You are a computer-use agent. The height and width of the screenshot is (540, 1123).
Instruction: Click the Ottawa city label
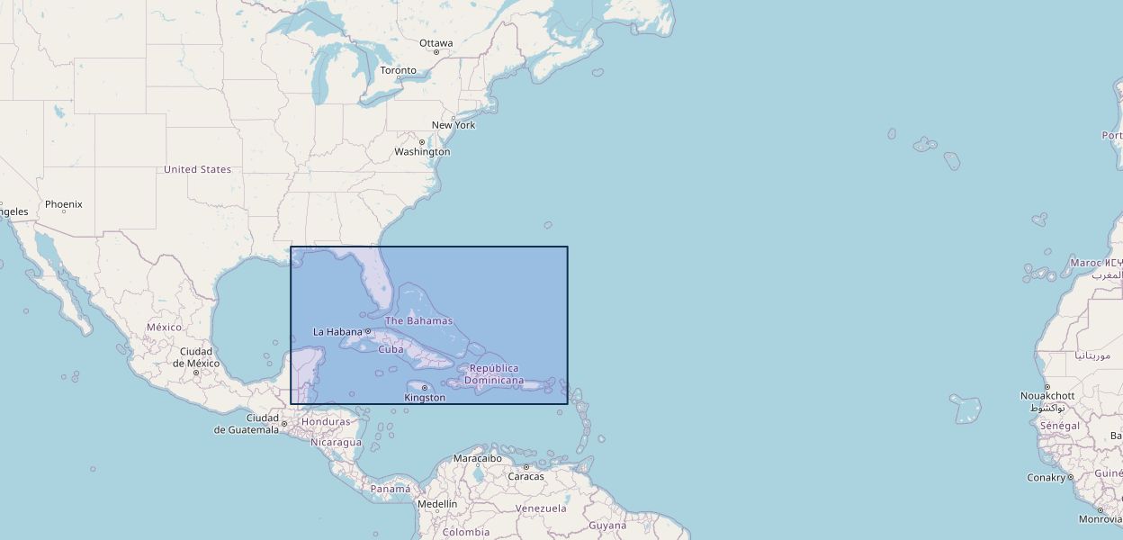436,43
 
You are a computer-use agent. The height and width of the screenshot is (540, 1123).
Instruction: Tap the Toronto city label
398,70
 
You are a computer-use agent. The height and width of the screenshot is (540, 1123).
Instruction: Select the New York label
454,125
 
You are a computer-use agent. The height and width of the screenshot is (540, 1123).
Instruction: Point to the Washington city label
422,152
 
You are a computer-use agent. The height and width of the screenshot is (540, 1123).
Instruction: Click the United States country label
197,169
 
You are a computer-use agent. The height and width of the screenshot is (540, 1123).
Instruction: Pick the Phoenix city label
63,204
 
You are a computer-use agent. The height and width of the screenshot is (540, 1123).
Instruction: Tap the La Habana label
337,332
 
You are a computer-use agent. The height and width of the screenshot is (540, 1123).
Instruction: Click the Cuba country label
391,349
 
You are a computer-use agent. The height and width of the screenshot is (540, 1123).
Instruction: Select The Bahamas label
418,321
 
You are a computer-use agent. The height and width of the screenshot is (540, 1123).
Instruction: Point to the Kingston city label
425,398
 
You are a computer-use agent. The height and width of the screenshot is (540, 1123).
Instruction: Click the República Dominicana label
494,374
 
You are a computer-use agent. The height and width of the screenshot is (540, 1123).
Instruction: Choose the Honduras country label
326,422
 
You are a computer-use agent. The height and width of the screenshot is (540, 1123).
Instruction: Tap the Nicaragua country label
336,442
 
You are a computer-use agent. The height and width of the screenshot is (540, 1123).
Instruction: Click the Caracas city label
526,476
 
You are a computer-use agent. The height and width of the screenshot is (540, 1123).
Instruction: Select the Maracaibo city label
477,458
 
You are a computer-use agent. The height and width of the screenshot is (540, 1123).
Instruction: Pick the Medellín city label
437,504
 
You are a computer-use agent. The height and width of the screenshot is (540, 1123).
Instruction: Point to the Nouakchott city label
1047,396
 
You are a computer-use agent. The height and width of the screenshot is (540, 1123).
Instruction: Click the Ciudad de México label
196,357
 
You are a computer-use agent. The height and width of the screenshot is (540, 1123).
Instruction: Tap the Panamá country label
391,489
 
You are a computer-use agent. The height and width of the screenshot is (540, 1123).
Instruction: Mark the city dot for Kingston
425,388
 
